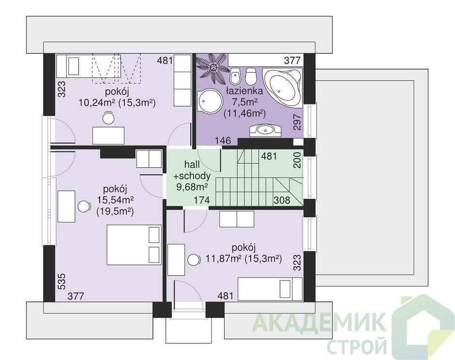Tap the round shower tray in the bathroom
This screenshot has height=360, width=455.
pyautogui.click(x=209, y=101)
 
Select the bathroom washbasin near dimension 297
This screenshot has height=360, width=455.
pyautogui.click(x=265, y=130)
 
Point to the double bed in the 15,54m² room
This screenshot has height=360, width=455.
pyautogui.click(x=134, y=244)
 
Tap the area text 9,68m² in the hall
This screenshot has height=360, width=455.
pyautogui.click(x=192, y=186)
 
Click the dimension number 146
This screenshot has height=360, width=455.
pyautogui.click(x=223, y=141)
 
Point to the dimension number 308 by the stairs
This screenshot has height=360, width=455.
pyautogui.click(x=282, y=200)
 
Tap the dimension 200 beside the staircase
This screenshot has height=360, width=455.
pyautogui.click(x=297, y=160)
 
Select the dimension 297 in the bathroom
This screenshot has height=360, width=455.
pyautogui.click(x=297, y=121)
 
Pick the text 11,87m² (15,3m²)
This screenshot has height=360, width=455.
pyautogui.click(x=244, y=258)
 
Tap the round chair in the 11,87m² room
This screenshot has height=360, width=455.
pyautogui.click(x=194, y=259)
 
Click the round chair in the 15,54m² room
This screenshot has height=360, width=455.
pyautogui.click(x=84, y=207)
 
